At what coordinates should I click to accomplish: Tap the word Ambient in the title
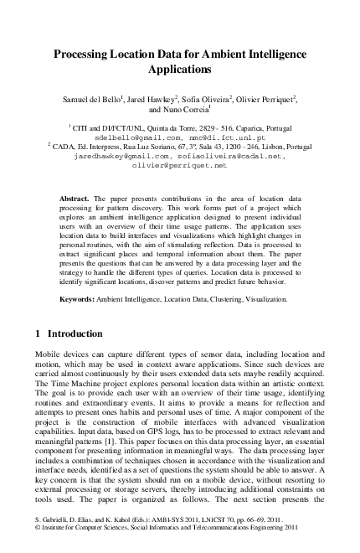[234, 54]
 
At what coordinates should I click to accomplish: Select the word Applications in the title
[181, 70]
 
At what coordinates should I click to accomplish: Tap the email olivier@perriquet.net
[179, 165]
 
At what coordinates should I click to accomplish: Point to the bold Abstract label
[75, 198]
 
